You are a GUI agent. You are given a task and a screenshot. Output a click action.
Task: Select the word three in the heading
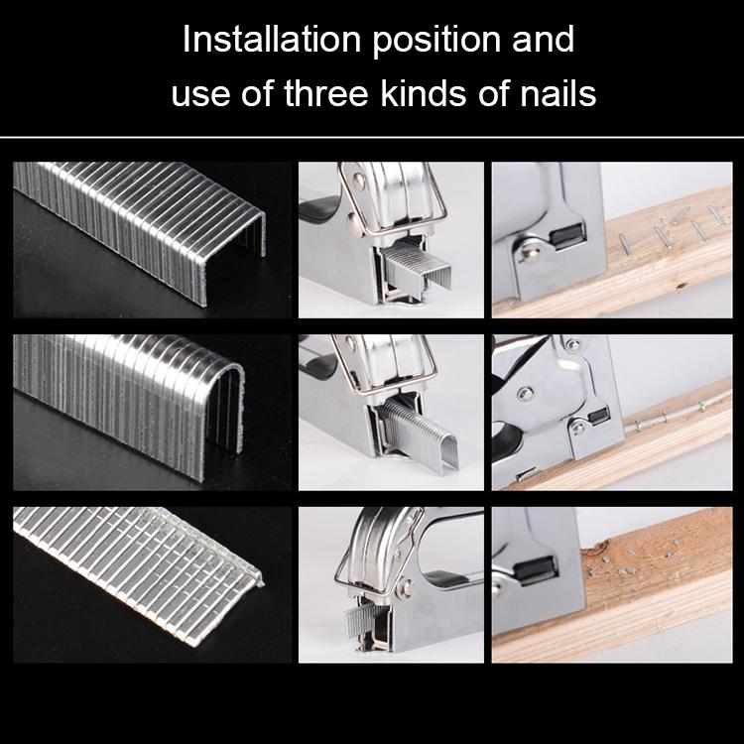pos(326,93)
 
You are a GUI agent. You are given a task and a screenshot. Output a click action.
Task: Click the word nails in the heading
pos(558,93)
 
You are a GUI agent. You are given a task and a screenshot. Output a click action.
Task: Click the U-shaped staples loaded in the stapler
pos(418,434)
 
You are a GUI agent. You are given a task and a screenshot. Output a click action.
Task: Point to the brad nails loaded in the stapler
pos(366,618)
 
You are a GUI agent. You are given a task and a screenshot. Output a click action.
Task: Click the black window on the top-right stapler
pos(568,236)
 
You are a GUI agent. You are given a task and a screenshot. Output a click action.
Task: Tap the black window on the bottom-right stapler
pos(535,569)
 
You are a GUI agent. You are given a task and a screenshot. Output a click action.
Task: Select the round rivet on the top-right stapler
pos(529,252)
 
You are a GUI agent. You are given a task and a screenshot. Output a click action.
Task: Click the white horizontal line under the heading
pos(372,138)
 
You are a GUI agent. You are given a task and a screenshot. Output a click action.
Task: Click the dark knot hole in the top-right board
pos(682,286)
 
